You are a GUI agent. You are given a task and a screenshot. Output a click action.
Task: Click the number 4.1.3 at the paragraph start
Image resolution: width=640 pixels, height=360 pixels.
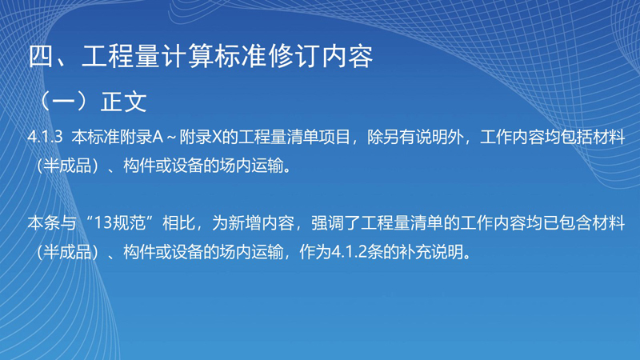pyautogui.click(x=46, y=138)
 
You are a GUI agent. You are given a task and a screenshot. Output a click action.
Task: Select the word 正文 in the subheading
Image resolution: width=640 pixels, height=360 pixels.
pyautogui.click(x=124, y=102)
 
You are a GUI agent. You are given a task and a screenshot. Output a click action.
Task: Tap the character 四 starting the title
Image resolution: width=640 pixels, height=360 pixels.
pyautogui.click(x=42, y=56)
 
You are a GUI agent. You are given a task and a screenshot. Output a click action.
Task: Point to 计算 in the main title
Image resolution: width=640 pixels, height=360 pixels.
pyautogui.click(x=186, y=56)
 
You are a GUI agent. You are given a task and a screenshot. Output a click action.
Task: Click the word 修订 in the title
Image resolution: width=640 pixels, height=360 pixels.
pyautogui.click(x=294, y=56)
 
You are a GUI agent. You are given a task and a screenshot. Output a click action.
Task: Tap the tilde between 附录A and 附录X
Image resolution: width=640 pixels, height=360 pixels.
pyautogui.click(x=171, y=138)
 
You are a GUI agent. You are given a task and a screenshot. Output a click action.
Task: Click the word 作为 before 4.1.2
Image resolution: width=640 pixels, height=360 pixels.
pyautogui.click(x=315, y=252)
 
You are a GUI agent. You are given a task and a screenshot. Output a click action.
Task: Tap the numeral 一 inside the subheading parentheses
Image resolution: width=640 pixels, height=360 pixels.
pyautogui.click(x=64, y=102)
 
